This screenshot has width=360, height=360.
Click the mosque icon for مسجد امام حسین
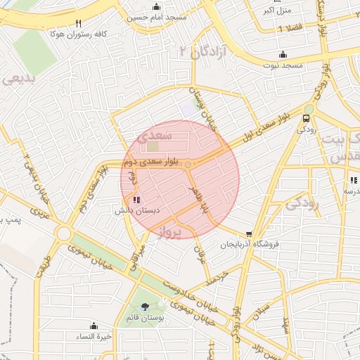coord(159,4)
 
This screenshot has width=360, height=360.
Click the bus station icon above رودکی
coord(307,118)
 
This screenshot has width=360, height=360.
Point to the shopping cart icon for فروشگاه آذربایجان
coord(249,234)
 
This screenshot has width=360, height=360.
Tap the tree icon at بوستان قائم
coord(145,306)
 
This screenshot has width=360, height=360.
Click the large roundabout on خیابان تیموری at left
coord(64,233)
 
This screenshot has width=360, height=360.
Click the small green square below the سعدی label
coord(153,147)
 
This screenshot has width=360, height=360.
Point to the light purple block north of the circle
coord(188,110)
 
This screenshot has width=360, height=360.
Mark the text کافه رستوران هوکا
coord(75,32)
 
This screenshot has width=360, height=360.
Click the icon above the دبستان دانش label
coord(136,200)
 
